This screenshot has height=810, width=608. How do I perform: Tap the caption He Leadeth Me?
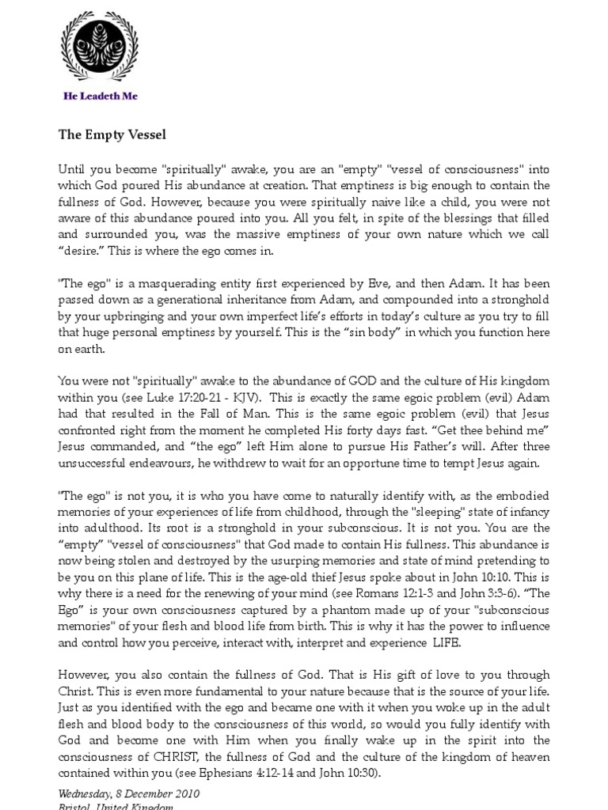pyautogui.click(x=101, y=97)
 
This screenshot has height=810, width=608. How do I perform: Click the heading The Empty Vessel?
pyautogui.click(x=112, y=134)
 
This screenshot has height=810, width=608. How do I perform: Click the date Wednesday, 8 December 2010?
pyautogui.click(x=129, y=793)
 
